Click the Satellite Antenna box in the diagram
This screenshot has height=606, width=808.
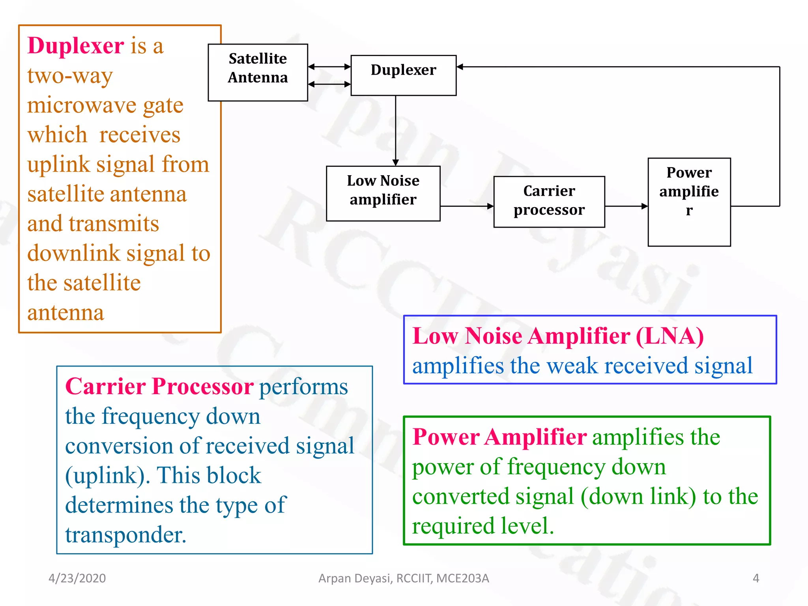[x=258, y=72]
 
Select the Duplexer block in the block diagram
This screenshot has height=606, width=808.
[x=403, y=75]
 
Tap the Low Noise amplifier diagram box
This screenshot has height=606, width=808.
[x=383, y=193]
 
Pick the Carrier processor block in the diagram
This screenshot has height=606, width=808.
[x=549, y=202]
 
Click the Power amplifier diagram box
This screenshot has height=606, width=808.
[x=689, y=202]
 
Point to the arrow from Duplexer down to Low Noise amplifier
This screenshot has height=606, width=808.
[x=395, y=130]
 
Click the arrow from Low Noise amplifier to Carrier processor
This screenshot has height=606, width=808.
[x=467, y=206]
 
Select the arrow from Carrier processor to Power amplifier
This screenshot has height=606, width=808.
[x=626, y=206]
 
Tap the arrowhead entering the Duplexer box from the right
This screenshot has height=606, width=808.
[x=460, y=67]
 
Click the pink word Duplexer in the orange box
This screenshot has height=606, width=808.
[x=76, y=46]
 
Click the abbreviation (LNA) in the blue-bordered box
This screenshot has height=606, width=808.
[x=670, y=337]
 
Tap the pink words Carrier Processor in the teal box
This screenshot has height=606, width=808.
[x=159, y=386]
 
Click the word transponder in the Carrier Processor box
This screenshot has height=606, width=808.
[x=125, y=535]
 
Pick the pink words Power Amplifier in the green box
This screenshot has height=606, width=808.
[x=499, y=437]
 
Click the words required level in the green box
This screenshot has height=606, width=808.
[x=483, y=526]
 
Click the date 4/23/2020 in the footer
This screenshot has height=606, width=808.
[x=77, y=578]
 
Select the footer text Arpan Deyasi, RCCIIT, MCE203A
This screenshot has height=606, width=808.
[x=404, y=578]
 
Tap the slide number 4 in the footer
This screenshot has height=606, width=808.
[x=756, y=578]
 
